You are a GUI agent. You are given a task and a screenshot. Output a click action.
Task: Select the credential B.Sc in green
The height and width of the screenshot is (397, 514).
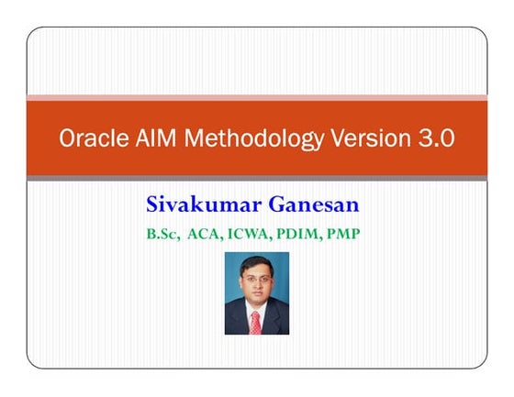coord(162,234)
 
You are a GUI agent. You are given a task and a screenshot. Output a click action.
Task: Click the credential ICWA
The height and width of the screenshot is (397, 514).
coord(251,234)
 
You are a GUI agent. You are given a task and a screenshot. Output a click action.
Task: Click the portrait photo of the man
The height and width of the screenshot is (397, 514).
coord(256,293)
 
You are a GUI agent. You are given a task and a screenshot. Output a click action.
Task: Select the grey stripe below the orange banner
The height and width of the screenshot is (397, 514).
coord(256,177)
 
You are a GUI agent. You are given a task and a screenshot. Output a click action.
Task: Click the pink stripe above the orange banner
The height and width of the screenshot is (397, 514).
coord(256,96)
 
